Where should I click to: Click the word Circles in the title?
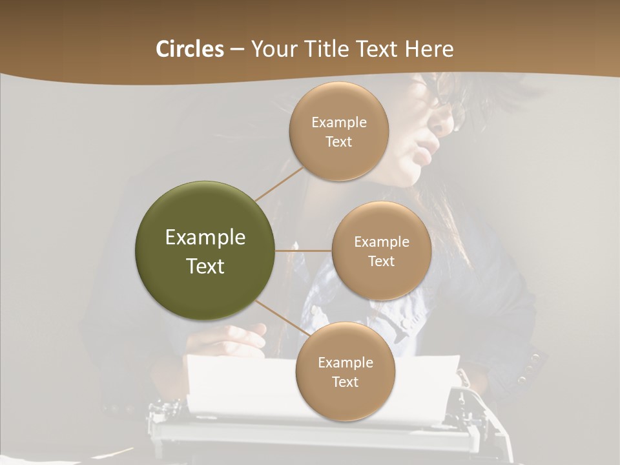click(x=189, y=49)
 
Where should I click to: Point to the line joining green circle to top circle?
click(x=278, y=183)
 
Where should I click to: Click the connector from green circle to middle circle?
click(x=303, y=251)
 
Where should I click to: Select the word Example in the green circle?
click(x=205, y=238)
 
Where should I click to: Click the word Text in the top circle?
click(x=338, y=142)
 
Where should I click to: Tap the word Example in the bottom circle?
click(x=345, y=362)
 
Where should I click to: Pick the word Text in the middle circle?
click(x=381, y=262)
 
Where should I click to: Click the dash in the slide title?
click(x=237, y=50)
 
